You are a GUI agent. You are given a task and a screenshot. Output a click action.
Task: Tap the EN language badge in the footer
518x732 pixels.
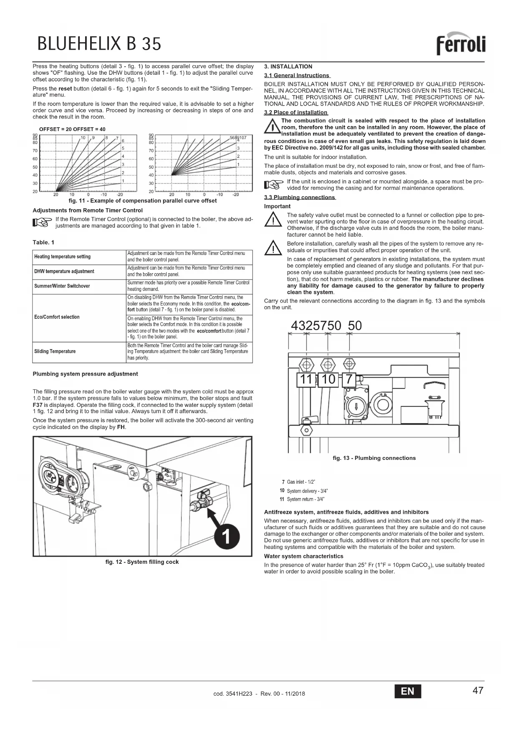point(407,691)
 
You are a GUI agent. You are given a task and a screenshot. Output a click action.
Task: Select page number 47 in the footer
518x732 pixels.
point(478,690)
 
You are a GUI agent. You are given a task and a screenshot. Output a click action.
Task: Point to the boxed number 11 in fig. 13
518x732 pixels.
point(306,379)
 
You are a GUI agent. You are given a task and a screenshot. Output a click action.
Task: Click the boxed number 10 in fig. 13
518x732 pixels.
point(328,379)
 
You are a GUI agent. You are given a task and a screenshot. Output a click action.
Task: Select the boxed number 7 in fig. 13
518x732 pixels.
point(349,379)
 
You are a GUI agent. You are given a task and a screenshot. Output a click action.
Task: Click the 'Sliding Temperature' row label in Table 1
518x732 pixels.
point(55,351)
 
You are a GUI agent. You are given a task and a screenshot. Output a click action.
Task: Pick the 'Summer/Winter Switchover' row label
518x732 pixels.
point(62,286)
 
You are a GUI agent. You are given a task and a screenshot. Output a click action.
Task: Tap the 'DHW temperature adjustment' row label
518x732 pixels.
point(64,271)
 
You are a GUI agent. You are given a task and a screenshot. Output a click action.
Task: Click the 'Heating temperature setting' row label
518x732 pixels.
point(62,257)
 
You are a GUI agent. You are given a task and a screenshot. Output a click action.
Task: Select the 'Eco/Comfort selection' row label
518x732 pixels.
point(57,317)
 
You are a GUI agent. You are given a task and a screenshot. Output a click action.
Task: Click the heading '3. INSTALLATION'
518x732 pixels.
point(288,66)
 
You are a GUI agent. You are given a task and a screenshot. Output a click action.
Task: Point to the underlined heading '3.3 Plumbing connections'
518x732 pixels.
point(300,197)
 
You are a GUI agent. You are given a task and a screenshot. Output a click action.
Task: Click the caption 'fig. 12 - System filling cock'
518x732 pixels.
point(142,562)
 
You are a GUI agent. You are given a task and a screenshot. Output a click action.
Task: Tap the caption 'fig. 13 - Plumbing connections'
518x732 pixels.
point(374,458)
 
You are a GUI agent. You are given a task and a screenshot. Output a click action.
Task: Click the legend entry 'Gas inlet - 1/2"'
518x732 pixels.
point(298,482)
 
